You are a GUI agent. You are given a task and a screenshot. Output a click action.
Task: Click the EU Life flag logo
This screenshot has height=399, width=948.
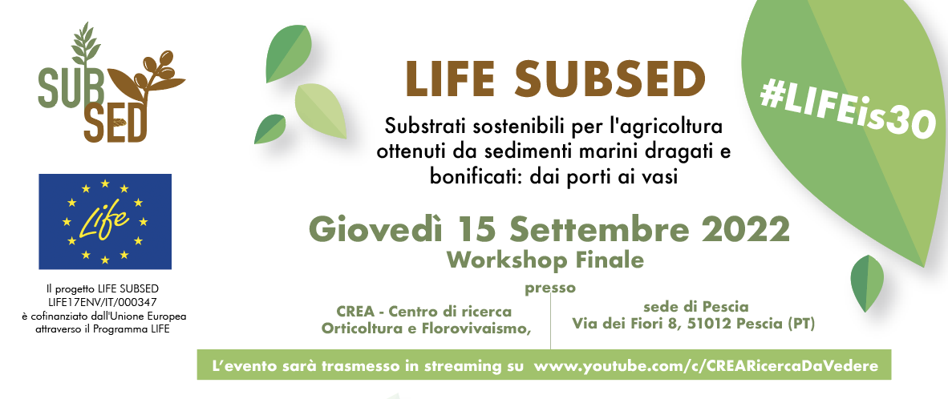105,221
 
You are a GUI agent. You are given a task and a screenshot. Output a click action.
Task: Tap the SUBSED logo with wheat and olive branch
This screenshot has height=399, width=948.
111,83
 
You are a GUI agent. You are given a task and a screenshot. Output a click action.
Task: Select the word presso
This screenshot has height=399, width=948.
550,289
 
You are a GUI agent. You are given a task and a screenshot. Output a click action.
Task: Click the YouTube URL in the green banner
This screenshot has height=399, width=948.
706,366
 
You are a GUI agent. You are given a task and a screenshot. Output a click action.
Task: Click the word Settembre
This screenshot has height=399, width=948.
596,230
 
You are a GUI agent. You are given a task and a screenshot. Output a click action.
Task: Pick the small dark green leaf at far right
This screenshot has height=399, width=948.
867,283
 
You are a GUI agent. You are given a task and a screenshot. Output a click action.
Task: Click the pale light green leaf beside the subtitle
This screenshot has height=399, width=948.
320,111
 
